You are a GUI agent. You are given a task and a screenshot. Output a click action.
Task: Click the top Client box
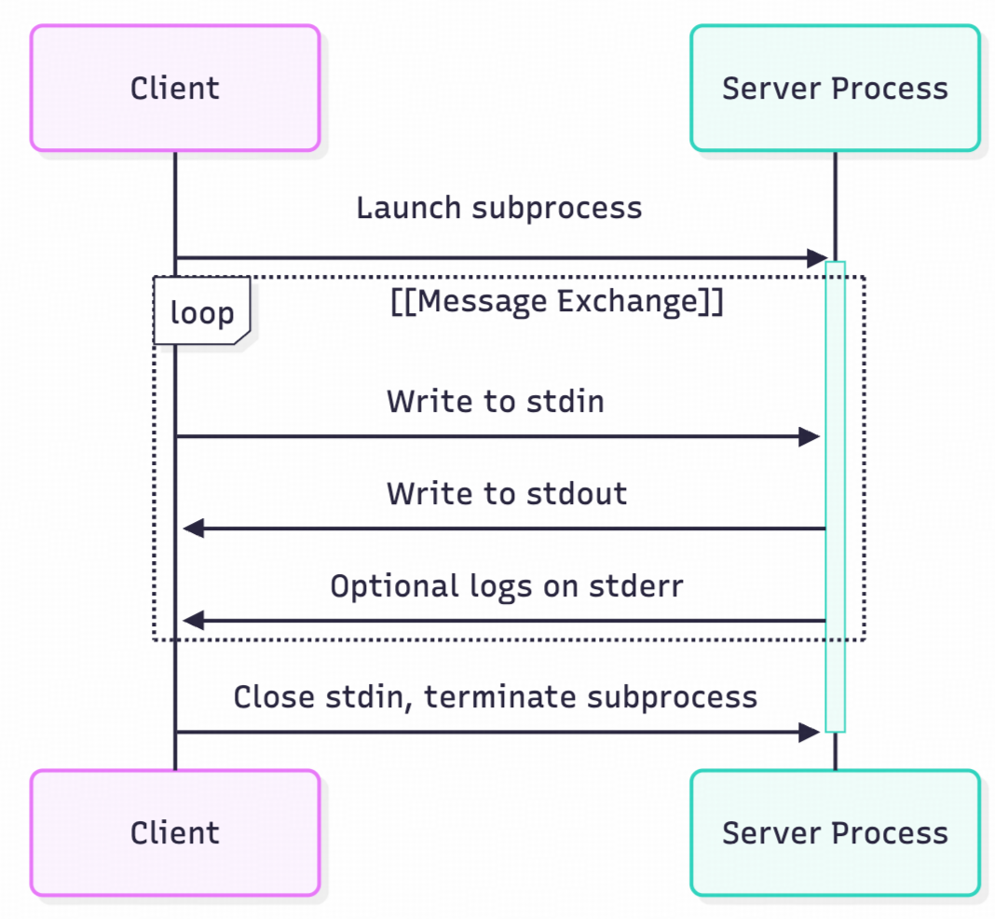coord(175,89)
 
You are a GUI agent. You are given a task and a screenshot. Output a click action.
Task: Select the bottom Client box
coord(175,832)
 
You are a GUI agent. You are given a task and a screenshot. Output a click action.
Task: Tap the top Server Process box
coord(835,89)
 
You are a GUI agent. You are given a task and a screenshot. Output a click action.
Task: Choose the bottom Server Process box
coord(835,832)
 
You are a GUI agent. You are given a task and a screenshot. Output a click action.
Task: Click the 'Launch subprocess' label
coord(498,207)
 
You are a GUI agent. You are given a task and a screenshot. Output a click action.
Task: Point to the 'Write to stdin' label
coord(495,401)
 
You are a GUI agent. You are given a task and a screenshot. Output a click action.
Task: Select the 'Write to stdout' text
coord(506,493)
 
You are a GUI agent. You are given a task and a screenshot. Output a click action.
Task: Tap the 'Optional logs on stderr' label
coord(506,585)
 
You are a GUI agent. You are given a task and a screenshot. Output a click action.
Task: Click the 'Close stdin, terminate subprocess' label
coord(495,696)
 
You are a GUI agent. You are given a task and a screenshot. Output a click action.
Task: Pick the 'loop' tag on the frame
coord(201,312)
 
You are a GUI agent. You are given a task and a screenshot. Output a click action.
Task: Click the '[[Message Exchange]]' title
coord(556,303)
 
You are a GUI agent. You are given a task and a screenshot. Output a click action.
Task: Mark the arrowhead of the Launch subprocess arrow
coord(817,258)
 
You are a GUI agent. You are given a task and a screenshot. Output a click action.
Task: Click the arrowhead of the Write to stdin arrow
coord(810,436)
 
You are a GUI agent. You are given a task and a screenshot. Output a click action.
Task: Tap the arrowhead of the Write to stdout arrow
coord(193,528)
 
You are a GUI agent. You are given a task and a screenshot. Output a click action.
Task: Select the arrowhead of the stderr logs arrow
coord(193,621)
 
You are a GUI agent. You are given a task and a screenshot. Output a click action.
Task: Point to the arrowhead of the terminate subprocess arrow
coord(810,732)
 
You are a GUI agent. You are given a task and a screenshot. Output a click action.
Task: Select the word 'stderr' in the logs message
coord(636,585)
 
